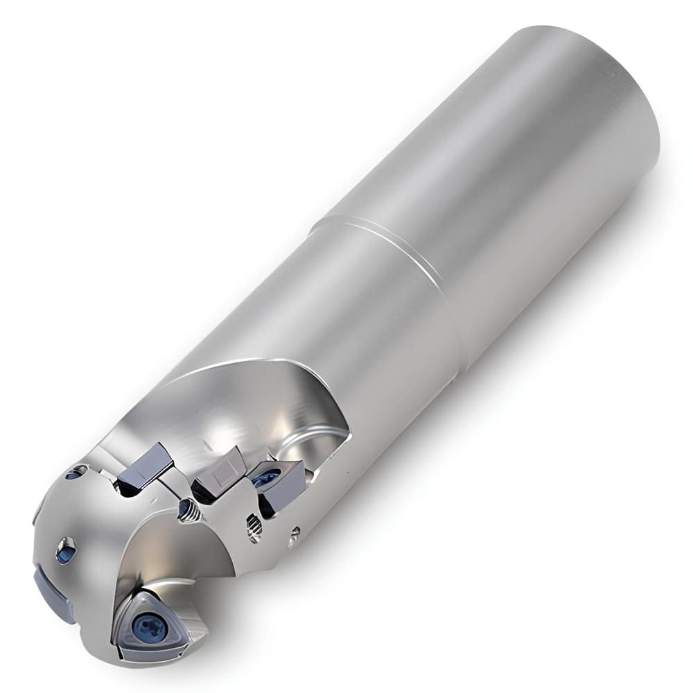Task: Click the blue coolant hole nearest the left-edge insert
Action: pos(65,552)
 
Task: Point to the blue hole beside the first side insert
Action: pos(75,473)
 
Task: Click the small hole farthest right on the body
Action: pos(295,533)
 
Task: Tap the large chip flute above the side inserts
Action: pos(229,402)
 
